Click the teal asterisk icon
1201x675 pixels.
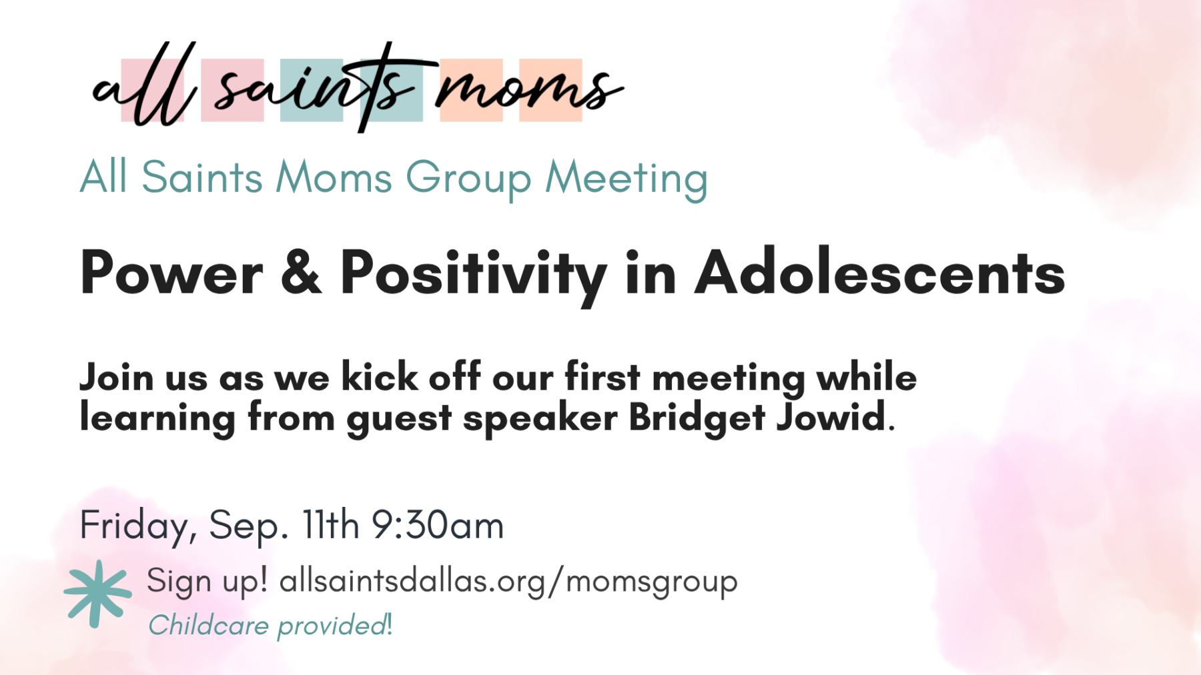(97, 594)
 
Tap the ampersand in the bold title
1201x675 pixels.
(301, 272)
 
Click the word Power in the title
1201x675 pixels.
(171, 272)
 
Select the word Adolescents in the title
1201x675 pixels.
(880, 272)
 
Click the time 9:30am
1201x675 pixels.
(437, 525)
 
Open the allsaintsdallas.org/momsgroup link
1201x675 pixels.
(508, 581)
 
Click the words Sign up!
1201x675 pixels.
(207, 581)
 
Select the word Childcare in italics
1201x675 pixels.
(209, 626)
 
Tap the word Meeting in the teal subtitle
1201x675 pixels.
(627, 179)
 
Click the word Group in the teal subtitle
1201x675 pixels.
(468, 179)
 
